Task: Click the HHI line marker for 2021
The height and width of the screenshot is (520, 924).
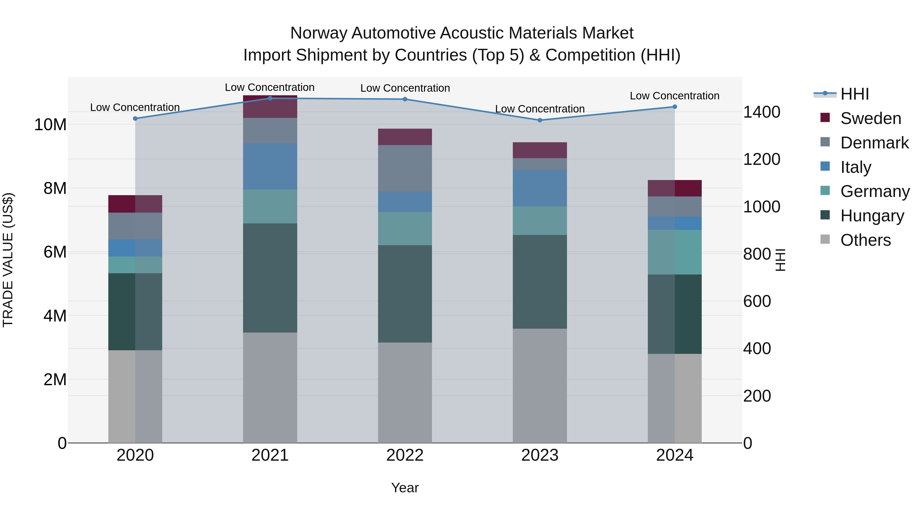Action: tap(270, 98)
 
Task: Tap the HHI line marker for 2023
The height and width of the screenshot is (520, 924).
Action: tap(540, 120)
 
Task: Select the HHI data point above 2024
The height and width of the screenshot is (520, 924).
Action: tap(675, 107)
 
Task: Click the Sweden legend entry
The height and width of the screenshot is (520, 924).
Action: tap(871, 118)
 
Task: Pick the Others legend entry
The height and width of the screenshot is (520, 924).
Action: tap(865, 240)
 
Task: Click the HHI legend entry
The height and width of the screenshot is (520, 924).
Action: tap(854, 94)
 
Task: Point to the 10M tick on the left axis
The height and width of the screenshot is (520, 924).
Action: tap(50, 125)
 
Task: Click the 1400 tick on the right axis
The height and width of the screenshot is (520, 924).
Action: tap(762, 112)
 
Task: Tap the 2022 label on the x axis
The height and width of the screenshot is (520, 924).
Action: tap(405, 455)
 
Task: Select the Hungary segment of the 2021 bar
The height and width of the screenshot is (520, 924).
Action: tap(270, 278)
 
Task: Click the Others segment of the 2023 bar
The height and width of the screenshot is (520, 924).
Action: tap(540, 386)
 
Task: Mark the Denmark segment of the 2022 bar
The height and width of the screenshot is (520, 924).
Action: tap(405, 168)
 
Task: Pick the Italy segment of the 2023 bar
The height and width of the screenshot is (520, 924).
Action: tap(540, 188)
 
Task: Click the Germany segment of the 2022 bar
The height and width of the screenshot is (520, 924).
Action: tap(405, 229)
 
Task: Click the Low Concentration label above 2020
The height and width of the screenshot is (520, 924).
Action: tap(135, 107)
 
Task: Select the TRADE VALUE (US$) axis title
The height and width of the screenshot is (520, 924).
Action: tap(8, 260)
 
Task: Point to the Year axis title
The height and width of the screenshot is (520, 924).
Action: tap(405, 488)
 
